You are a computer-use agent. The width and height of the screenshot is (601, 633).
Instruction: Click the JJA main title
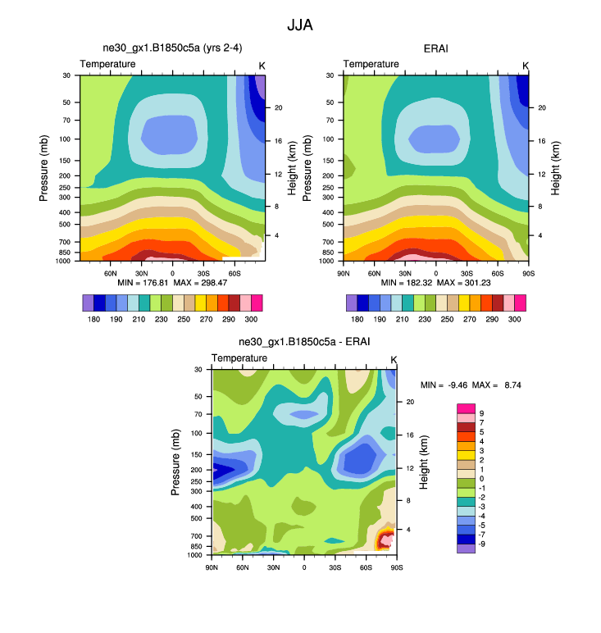(299, 25)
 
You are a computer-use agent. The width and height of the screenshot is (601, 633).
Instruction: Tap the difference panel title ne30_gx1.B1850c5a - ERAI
(304, 342)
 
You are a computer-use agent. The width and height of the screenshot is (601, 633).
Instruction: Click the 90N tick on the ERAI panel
(344, 272)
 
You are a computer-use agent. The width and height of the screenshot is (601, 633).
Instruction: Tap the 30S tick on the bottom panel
(335, 567)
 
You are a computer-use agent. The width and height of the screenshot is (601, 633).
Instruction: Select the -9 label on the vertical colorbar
(481, 544)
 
